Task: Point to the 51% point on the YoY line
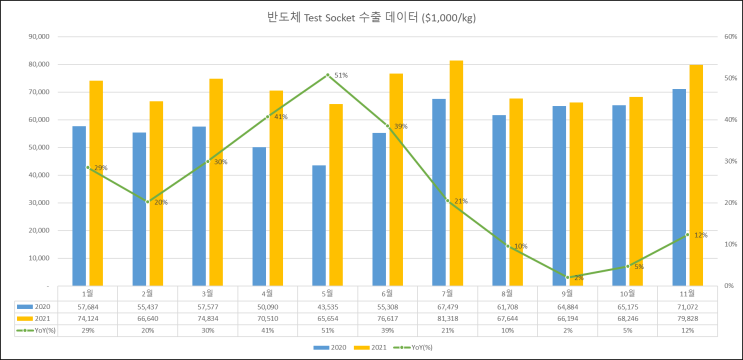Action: pyautogui.click(x=327, y=75)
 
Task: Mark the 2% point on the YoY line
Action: pyautogui.click(x=567, y=278)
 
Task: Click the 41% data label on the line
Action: pyautogui.click(x=280, y=117)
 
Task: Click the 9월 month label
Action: pyautogui.click(x=567, y=294)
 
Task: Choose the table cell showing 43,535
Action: pyautogui.click(x=327, y=307)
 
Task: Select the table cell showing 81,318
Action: pyautogui.click(x=447, y=319)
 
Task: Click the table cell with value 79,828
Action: pyautogui.click(x=687, y=319)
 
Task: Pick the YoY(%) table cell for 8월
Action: pyautogui.click(x=507, y=331)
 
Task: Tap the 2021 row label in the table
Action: pyautogui.click(x=41, y=319)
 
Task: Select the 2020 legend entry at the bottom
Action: pyautogui.click(x=327, y=348)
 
